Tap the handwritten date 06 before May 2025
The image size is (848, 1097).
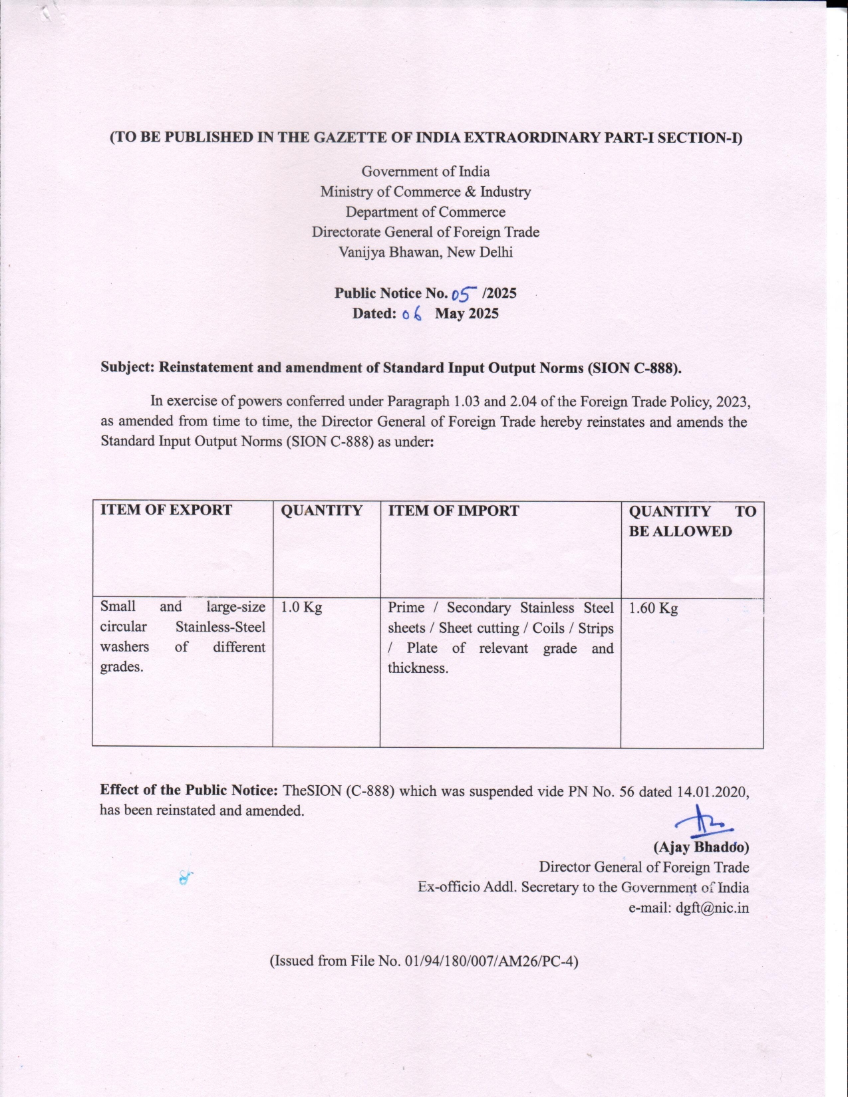tap(412, 314)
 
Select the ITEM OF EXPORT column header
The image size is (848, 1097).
tap(166, 510)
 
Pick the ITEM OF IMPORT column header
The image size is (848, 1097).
tap(453, 511)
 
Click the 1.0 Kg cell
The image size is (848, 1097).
tap(301, 607)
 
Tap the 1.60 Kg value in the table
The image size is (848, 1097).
tap(653, 608)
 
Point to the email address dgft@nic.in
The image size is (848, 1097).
tap(712, 908)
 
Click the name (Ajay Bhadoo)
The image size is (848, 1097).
tap(701, 847)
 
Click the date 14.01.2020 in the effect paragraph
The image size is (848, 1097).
tap(712, 791)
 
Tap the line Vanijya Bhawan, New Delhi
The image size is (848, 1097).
tap(426, 252)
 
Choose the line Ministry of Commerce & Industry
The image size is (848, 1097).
tap(426, 192)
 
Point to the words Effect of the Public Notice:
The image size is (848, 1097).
tap(189, 790)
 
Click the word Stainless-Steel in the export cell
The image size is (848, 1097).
tap(220, 627)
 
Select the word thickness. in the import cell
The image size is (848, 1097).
tap(418, 668)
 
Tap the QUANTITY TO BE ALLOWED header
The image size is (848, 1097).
tap(692, 521)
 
